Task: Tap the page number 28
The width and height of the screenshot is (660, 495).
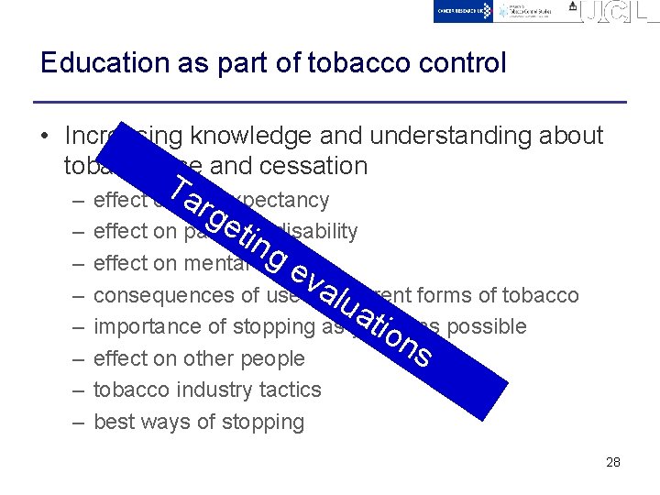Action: pos(613,462)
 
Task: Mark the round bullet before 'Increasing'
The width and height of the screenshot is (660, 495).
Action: pos(44,137)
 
